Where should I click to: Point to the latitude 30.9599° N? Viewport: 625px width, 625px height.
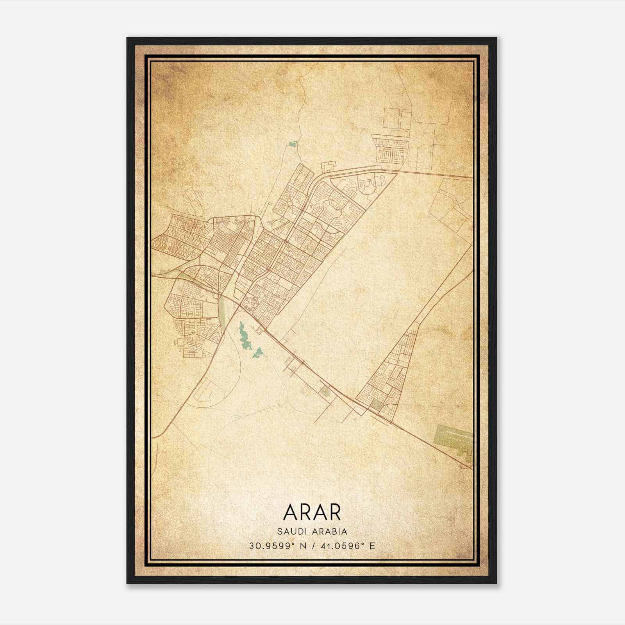point(278,546)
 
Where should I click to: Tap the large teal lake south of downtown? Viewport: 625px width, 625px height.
point(245,336)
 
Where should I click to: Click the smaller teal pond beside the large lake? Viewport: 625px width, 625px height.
point(258,353)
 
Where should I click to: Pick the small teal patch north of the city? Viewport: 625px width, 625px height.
point(293,144)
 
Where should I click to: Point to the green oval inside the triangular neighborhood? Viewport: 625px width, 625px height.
point(376,405)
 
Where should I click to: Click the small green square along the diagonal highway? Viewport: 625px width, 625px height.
point(324,391)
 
